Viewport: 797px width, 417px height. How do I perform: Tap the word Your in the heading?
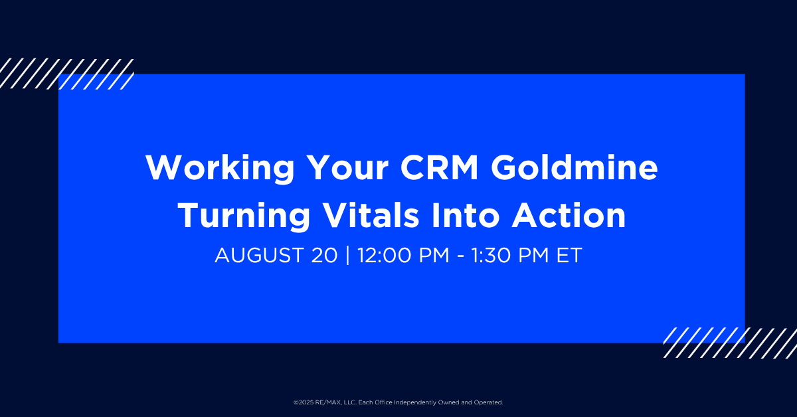348,167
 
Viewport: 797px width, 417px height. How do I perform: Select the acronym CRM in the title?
440,167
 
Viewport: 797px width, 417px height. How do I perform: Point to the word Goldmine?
575,167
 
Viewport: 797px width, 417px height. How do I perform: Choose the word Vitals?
371,214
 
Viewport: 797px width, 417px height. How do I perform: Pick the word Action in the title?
569,214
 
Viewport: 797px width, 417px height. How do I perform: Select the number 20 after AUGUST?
324,255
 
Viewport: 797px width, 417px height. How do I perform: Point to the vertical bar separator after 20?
347,255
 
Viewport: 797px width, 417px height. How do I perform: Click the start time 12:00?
385,255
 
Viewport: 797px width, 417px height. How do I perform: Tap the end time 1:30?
491,255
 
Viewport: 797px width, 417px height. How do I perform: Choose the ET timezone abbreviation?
569,255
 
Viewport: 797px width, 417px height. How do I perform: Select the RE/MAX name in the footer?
328,402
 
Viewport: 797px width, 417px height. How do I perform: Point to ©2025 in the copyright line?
304,402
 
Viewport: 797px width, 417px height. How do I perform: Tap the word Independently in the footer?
415,402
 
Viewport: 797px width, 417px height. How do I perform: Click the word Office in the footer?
384,402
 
